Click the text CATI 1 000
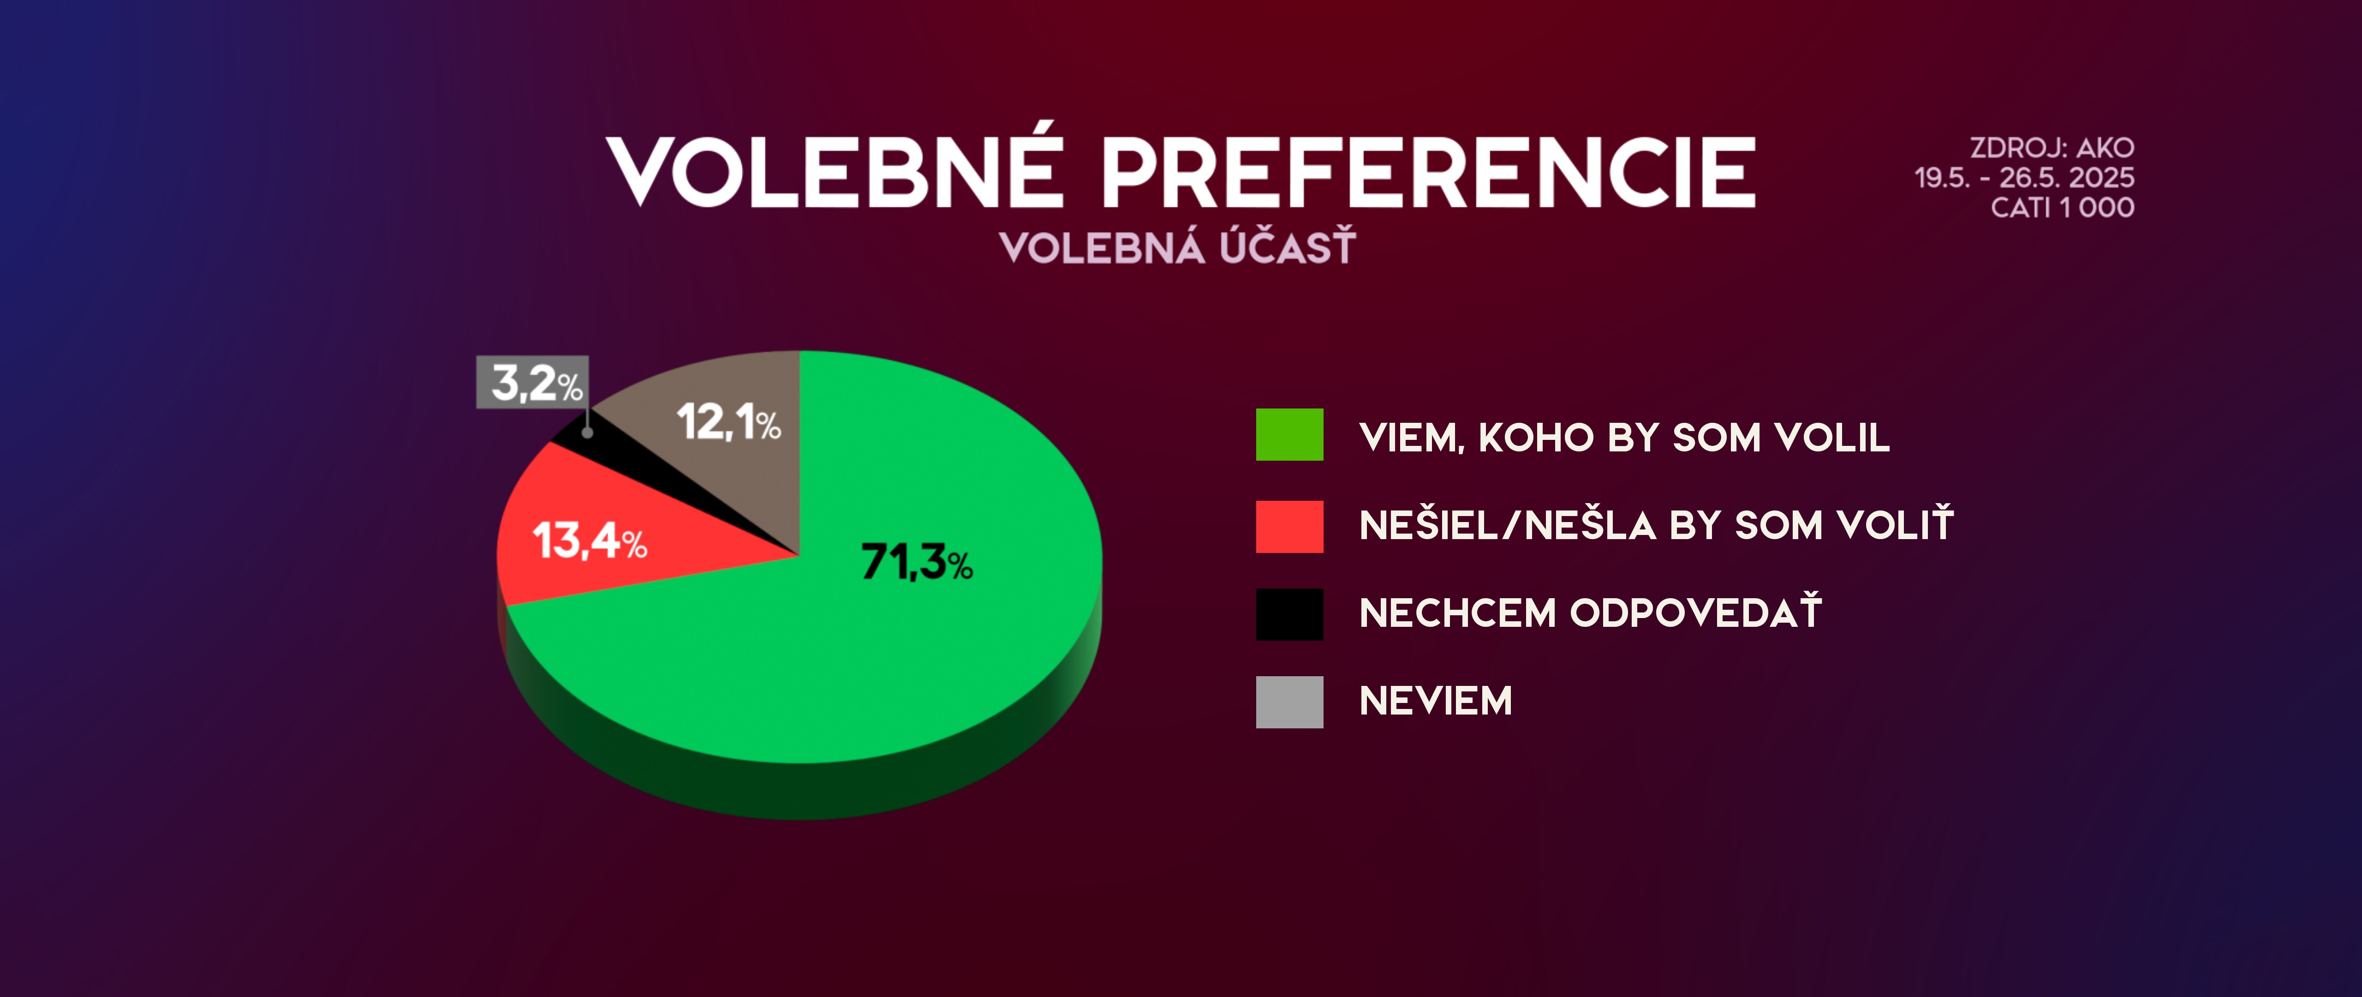click(2062, 207)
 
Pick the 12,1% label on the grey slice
click(729, 422)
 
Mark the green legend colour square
click(1289, 434)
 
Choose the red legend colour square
click(1289, 527)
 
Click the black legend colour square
click(1289, 613)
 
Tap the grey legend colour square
click(1289, 702)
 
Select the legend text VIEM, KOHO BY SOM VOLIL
click(1624, 438)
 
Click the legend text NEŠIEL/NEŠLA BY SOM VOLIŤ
click(1656, 524)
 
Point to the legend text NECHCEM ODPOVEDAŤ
click(1590, 611)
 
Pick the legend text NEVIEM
click(1435, 701)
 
